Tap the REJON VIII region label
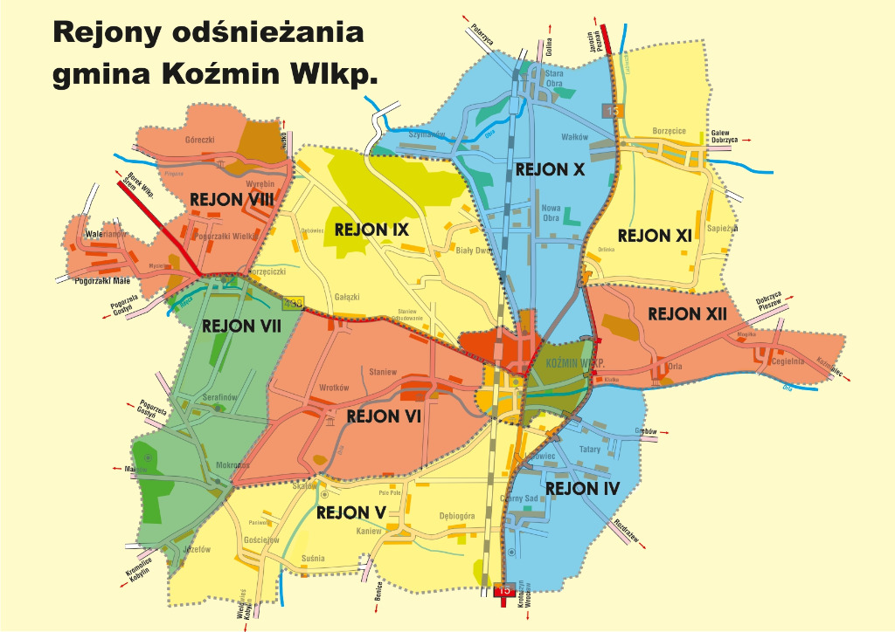click(x=232, y=200)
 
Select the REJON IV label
click(x=582, y=488)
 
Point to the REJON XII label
click(x=687, y=313)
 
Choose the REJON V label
click(x=351, y=512)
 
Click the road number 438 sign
click(x=292, y=304)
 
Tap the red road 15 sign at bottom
click(x=503, y=590)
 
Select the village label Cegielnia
click(x=787, y=361)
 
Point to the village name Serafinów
click(x=220, y=397)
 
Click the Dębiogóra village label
click(x=457, y=516)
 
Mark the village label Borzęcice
click(x=669, y=131)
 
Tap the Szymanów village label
click(x=427, y=134)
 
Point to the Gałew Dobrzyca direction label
click(x=725, y=135)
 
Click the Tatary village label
click(x=590, y=450)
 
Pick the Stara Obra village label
click(x=554, y=79)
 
